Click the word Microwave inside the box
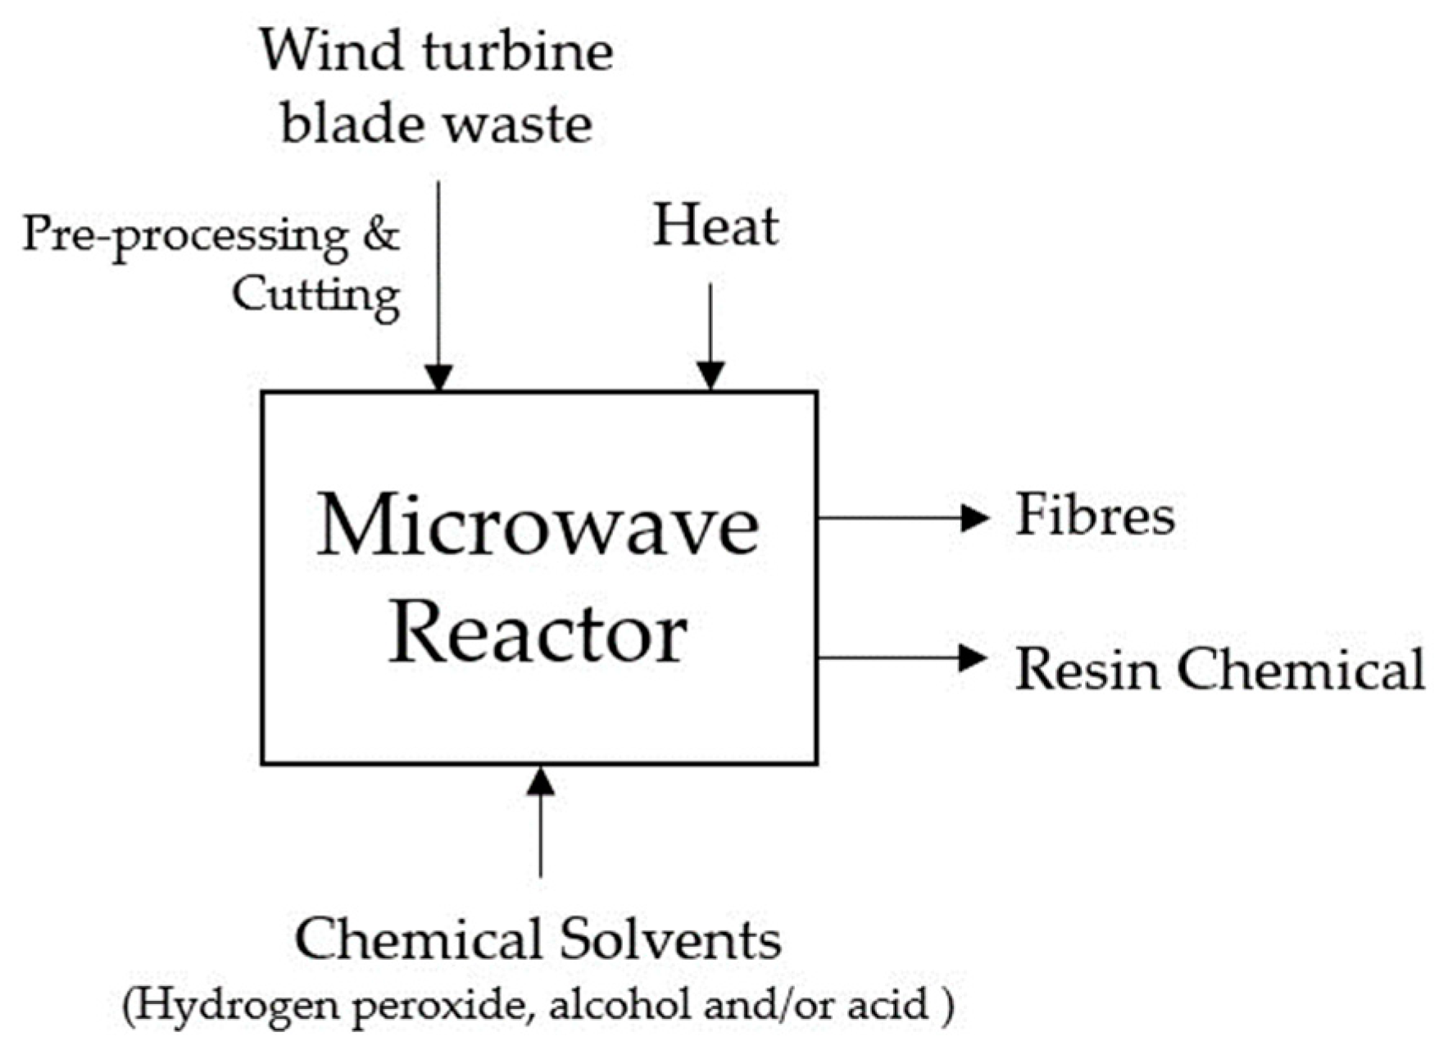pyautogui.click(x=538, y=525)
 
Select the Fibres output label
pyautogui.click(x=1095, y=516)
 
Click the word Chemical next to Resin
pyautogui.click(x=1303, y=669)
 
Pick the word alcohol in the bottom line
pyautogui.click(x=623, y=1004)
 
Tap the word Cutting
pyautogui.click(x=315, y=295)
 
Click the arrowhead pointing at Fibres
pyautogui.click(x=974, y=518)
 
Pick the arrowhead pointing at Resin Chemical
pyautogui.click(x=973, y=657)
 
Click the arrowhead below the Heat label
pyautogui.click(x=710, y=375)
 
